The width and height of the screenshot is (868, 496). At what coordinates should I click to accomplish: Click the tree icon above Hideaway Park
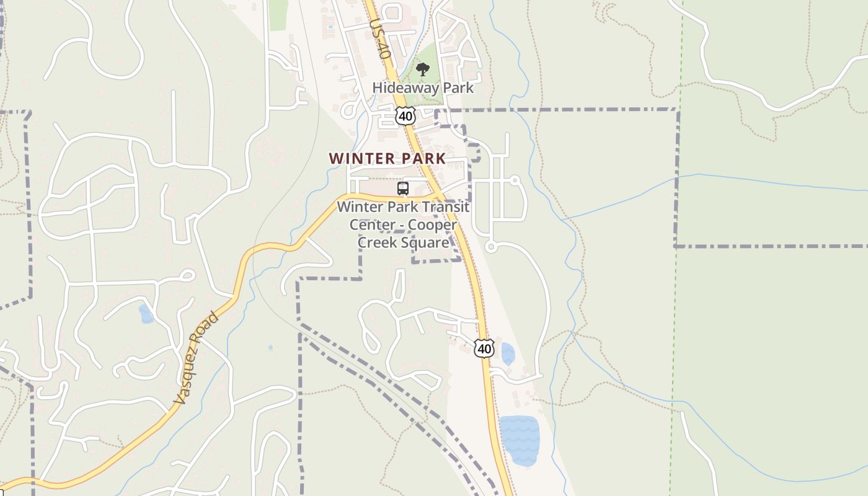[423, 69]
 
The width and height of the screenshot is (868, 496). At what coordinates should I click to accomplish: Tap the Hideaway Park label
[423, 87]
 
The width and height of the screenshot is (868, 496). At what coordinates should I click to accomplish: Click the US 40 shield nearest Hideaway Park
[405, 115]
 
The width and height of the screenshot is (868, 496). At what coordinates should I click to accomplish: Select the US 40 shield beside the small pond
[484, 348]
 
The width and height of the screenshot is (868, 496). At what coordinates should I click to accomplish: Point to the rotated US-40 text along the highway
[379, 38]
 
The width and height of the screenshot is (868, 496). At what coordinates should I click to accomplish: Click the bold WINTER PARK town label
[387, 159]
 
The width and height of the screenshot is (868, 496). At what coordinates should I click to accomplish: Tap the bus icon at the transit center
[403, 188]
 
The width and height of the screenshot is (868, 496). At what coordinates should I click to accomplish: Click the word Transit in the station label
[444, 206]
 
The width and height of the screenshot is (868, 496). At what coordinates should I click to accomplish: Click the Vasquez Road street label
[197, 359]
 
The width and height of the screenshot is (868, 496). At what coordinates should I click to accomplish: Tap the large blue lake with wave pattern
[519, 440]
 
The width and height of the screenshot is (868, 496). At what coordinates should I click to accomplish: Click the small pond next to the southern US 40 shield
[508, 354]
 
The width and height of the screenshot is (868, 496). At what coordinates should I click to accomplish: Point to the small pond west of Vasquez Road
[146, 314]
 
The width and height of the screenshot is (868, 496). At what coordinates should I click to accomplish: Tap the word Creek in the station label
[379, 242]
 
